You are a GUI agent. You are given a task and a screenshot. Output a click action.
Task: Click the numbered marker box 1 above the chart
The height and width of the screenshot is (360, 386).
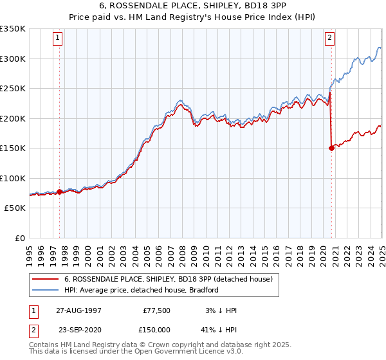coord(58,39)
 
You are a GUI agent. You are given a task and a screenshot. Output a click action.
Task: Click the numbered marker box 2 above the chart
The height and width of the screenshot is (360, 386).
coord(329,39)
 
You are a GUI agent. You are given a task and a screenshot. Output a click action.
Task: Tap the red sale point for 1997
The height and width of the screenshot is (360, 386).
coord(60,192)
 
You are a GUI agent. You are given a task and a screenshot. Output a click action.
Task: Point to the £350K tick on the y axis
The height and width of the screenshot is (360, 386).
coord(13,29)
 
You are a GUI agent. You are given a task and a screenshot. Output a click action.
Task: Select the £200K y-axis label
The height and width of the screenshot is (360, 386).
coord(13,118)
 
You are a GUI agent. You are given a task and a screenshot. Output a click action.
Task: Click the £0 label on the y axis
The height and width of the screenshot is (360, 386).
coord(19,238)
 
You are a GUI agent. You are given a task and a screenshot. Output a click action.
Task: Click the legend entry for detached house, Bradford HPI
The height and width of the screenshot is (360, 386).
coord(142,290)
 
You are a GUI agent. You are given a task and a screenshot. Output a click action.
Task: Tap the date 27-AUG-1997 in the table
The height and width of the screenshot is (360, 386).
coord(75,310)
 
